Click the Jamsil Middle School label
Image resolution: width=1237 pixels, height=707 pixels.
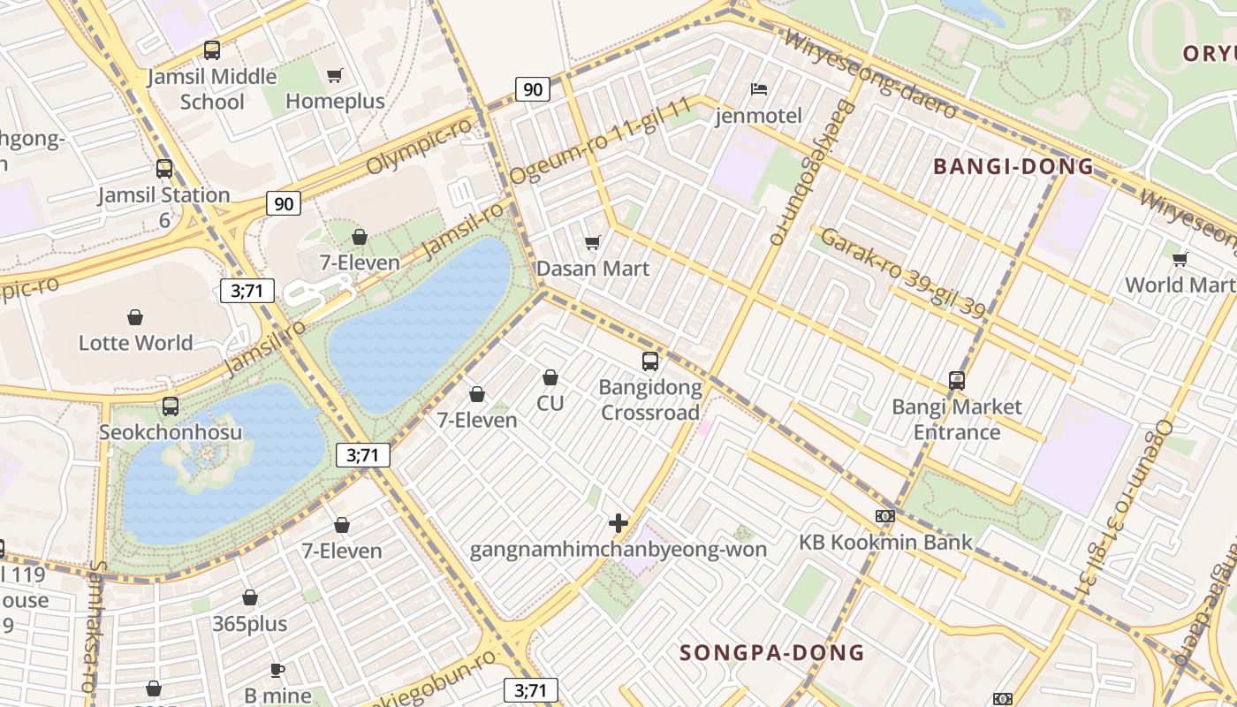211,89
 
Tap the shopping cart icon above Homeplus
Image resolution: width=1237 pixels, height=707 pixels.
335,76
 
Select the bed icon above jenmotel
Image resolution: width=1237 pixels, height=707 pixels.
758,89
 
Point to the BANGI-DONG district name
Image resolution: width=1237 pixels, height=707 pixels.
1013,166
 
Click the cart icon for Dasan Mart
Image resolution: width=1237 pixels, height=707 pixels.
593,242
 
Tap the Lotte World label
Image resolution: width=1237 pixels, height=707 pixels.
135,343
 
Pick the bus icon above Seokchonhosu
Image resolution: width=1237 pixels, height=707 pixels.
171,407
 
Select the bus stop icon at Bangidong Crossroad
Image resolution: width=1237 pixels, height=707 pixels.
650,361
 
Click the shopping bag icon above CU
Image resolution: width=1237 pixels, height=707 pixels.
550,377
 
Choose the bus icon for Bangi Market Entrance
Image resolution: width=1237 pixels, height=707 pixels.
957,381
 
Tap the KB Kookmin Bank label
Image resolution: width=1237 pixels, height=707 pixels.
885,542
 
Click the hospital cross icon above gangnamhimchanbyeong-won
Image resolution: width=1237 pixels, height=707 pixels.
618,523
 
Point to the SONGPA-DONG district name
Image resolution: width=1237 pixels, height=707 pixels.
771,653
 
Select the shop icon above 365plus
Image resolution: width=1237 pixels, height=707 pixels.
250,598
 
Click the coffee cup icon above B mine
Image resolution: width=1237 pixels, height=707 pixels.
277,670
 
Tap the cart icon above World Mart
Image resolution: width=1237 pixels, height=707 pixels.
1180,259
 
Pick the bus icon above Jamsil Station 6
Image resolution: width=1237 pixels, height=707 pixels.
164,169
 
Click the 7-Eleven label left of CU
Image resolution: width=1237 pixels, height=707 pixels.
477,420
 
